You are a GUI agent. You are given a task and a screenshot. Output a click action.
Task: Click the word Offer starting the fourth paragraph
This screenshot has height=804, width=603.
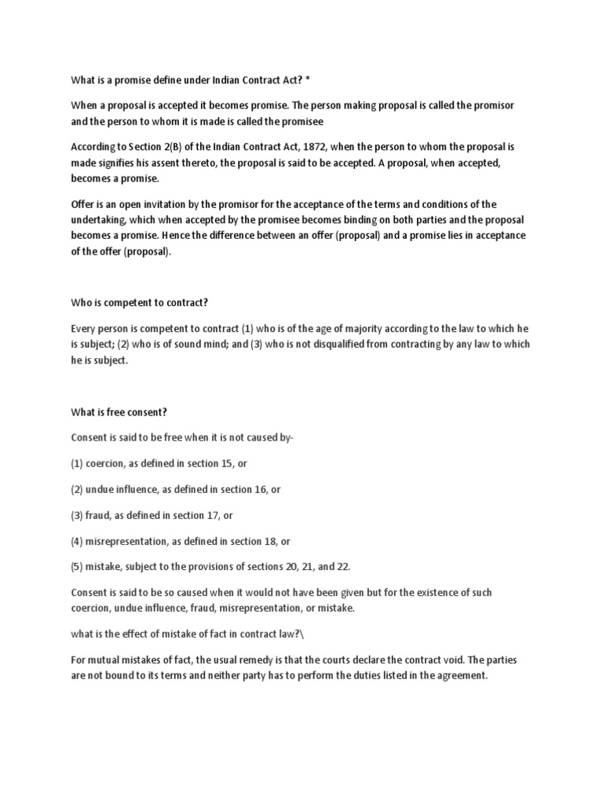(83, 204)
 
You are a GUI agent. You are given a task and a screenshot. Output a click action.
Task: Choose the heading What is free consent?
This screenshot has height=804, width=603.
(119, 411)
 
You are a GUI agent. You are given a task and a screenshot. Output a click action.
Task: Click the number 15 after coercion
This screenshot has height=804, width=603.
(227, 463)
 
